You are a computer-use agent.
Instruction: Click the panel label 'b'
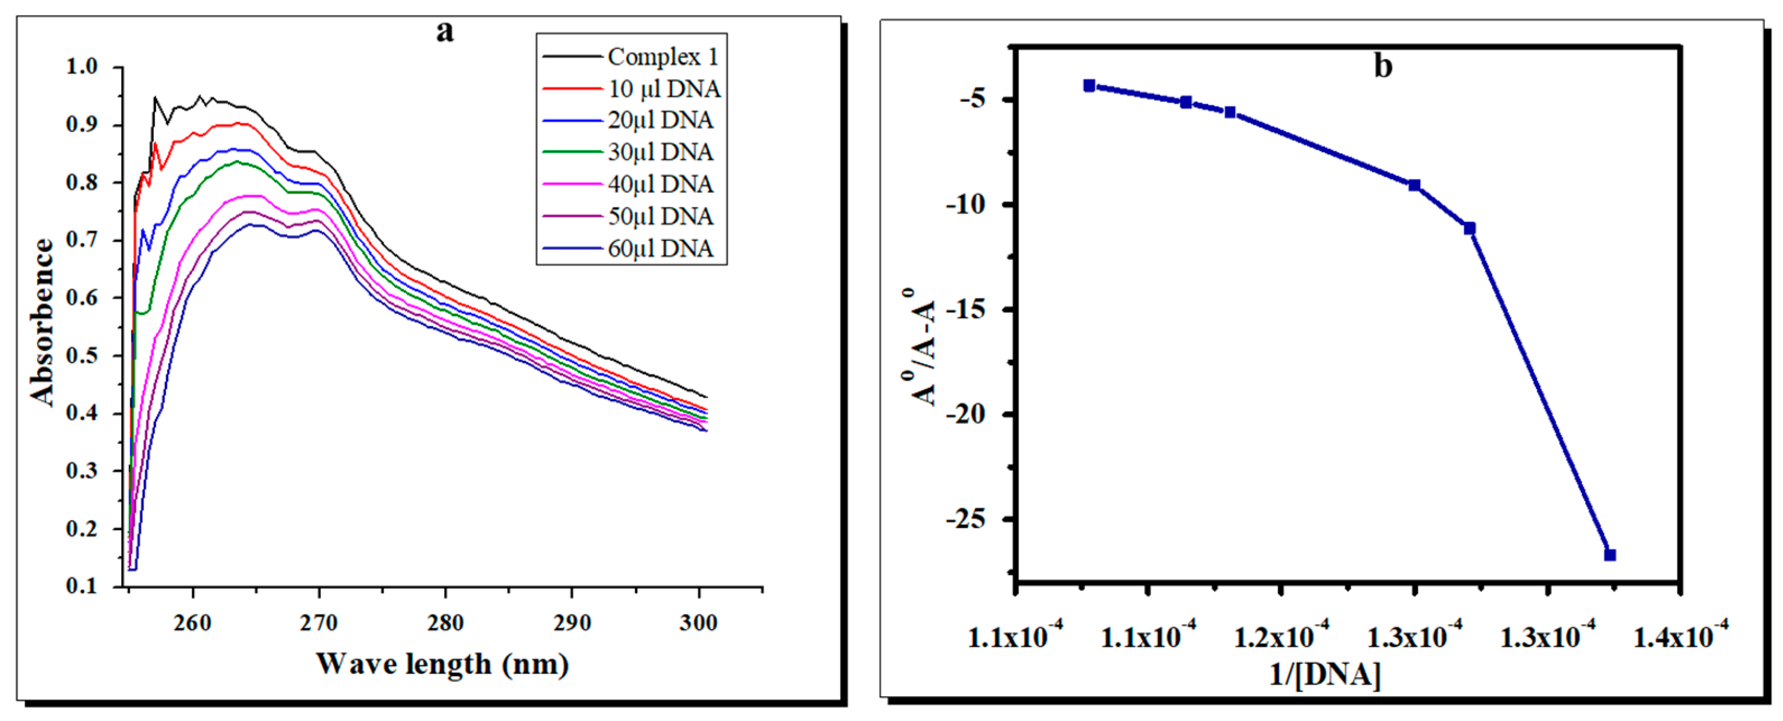(1382, 66)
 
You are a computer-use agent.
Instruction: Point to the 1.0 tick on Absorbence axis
(82, 67)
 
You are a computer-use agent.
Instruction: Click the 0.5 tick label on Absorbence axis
(82, 355)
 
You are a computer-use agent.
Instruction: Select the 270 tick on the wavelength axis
(319, 623)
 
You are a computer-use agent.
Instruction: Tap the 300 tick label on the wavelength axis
(698, 623)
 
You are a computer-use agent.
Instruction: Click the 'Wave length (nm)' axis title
(443, 664)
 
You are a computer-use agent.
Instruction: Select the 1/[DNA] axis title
(1324, 674)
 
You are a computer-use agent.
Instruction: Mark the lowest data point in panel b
(1610, 555)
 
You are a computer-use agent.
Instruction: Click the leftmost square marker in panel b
(1089, 86)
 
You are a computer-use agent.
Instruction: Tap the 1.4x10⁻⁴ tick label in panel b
(1680, 635)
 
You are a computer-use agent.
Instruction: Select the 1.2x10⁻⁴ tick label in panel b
(1281, 635)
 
